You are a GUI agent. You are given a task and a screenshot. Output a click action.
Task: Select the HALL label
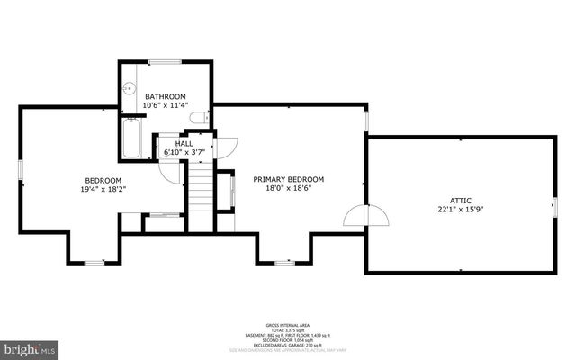[184, 143]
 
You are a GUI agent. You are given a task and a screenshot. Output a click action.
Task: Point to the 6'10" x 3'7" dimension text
[184, 152]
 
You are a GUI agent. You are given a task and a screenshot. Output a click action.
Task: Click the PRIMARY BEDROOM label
[288, 179]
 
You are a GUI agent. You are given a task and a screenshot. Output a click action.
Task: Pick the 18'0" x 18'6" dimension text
[288, 189]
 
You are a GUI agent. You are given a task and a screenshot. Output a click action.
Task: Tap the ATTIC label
[461, 201]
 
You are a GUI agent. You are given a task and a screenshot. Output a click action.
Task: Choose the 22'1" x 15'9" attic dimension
[461, 211]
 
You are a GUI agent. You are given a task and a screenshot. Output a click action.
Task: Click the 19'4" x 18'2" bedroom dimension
[103, 189]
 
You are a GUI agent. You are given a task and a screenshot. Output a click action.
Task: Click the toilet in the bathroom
[199, 117]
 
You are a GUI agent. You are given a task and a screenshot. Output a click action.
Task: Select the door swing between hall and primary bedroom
[224, 147]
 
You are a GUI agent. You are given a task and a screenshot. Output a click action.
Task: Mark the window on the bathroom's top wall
[164, 62]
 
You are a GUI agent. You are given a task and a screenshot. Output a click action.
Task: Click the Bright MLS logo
[29, 347]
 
